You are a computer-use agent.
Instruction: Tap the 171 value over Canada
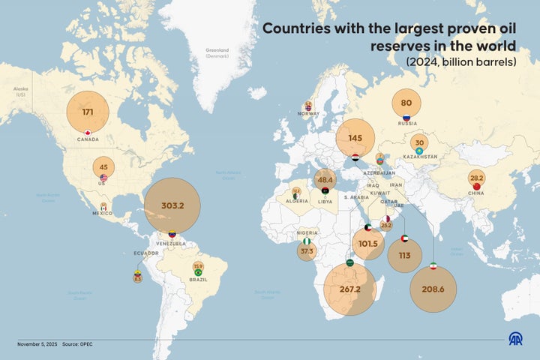(88, 112)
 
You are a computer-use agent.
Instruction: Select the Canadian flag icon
(88, 132)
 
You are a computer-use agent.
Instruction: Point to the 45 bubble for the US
(103, 167)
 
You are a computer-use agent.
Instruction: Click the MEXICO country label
(103, 213)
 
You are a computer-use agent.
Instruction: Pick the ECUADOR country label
(147, 253)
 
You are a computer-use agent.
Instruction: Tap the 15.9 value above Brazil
(198, 265)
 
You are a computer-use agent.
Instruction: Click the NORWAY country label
(308, 113)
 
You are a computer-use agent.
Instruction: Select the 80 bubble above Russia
(406, 103)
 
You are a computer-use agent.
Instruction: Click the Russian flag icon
(406, 118)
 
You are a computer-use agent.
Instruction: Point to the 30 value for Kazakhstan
(419, 142)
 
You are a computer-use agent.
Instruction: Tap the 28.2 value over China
(475, 179)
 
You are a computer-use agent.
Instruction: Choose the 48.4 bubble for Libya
(325, 180)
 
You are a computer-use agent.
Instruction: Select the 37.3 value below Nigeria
(307, 251)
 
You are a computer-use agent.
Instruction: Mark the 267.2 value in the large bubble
(350, 289)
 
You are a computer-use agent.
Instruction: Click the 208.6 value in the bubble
(433, 289)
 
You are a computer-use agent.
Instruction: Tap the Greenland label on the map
(217, 51)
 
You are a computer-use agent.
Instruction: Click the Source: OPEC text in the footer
(77, 344)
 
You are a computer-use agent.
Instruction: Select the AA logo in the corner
(516, 340)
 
